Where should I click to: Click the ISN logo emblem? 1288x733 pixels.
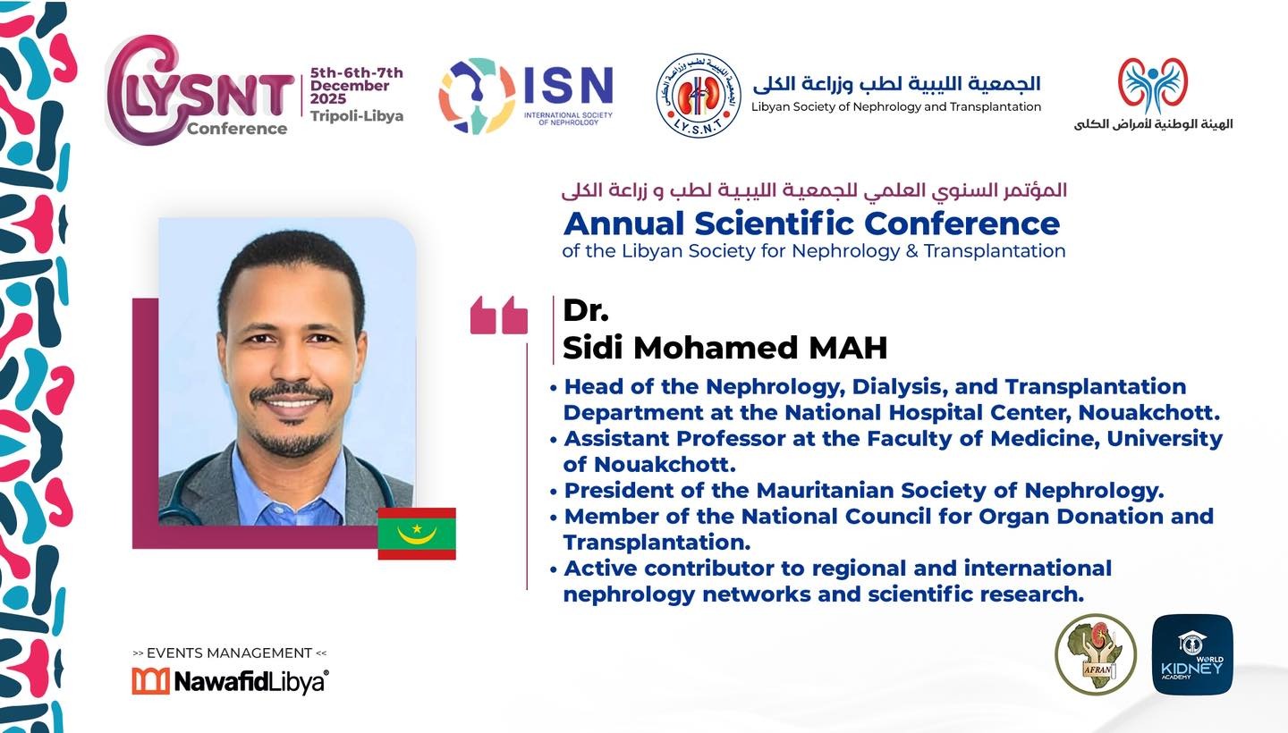pos(477,96)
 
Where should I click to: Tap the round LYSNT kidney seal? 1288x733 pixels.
pos(699,96)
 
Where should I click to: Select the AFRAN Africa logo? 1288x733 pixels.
pos(1096,654)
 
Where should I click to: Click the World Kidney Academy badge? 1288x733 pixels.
pos(1192,654)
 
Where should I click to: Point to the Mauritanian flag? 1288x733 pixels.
pos(417,534)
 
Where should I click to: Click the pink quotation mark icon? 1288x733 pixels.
pos(498,316)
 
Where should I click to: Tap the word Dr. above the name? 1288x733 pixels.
pos(585,310)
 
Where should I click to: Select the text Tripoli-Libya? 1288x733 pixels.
pos(357,116)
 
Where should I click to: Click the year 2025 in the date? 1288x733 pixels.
pos(328,99)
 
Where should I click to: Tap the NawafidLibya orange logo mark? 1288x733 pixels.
pos(150,681)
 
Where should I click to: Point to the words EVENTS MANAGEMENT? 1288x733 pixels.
pos(229,653)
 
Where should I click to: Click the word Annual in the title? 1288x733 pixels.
pos(624,223)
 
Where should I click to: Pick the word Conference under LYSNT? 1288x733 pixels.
pos(237,129)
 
